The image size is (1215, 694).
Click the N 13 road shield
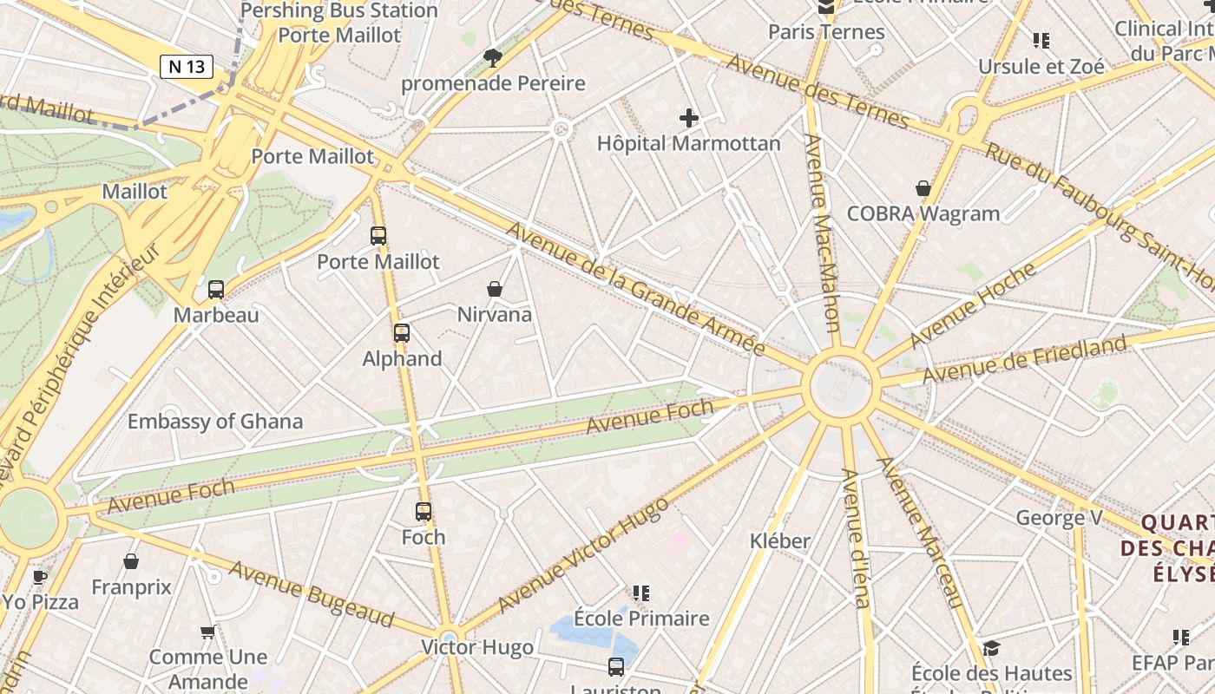pos(187,66)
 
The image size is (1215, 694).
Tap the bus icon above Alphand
pos(401,332)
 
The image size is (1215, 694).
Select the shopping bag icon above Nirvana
pos(495,288)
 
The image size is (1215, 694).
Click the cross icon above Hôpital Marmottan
pos(689,118)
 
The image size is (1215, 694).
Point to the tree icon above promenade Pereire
pos(493,58)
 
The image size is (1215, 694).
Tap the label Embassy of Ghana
pos(215,422)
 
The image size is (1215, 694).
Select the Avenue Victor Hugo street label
pos(583,555)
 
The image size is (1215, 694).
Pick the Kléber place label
pos(780,541)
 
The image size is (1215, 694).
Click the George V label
pos(1059,519)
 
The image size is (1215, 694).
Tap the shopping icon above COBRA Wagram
pos(923,188)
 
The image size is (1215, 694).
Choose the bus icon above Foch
pos(424,512)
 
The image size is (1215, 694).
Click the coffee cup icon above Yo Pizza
pos(40,576)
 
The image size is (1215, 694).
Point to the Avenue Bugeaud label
pos(312,593)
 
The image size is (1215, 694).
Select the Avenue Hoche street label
pos(973,304)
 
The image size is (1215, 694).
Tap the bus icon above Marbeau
pos(216,289)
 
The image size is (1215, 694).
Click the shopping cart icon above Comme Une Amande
pos(207,632)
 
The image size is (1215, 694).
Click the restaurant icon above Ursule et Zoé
pos(1041,40)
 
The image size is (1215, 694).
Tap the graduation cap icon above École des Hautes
pos(991,648)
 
